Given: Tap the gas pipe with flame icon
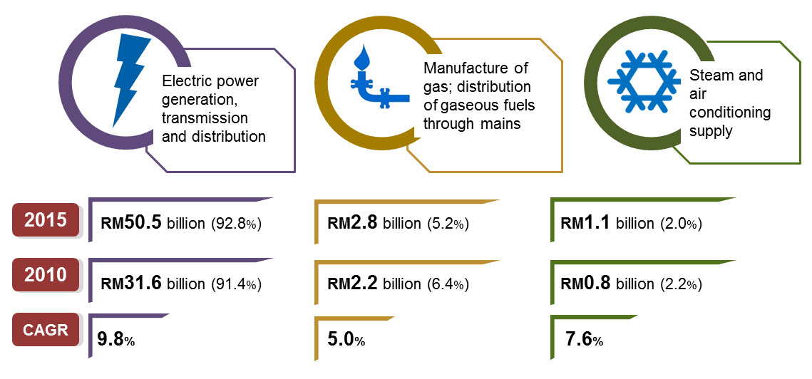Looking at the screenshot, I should [x=370, y=78].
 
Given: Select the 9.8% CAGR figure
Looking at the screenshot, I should [x=115, y=341].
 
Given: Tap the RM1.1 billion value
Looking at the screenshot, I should [x=607, y=223].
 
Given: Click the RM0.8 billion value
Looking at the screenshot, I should [x=607, y=284].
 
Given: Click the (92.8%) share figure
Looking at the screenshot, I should [x=237, y=224].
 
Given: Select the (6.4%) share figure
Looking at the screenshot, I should [x=448, y=285].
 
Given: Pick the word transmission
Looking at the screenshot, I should [x=205, y=118].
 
